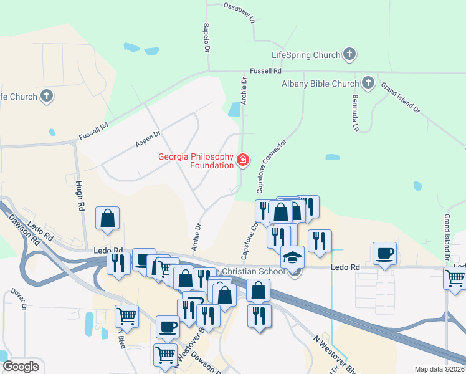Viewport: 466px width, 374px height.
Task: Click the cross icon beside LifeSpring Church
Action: [x=349, y=54]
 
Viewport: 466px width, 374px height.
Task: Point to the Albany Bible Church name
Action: [x=320, y=84]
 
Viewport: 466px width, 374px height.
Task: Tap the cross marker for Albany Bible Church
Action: [x=368, y=83]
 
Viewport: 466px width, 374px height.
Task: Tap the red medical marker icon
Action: [x=242, y=161]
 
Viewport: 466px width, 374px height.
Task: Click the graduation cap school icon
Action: [x=293, y=257]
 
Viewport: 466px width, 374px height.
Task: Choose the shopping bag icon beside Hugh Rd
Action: [x=108, y=218]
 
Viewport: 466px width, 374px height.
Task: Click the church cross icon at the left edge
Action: [x=46, y=96]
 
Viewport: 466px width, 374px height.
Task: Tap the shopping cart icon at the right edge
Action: [x=455, y=279]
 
